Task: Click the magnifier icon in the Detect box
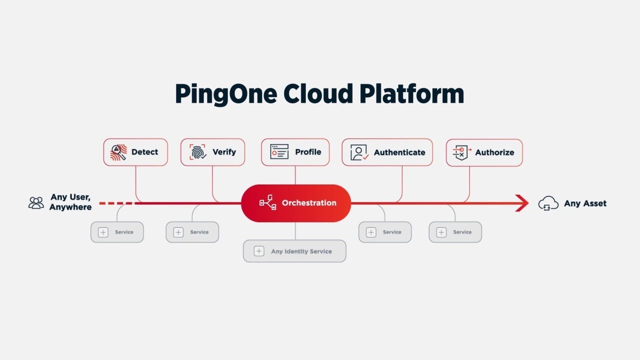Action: coord(118,152)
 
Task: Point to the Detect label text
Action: coord(144,152)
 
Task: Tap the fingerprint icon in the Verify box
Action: coord(197,152)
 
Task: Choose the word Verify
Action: coord(224,152)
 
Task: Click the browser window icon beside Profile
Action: coord(279,152)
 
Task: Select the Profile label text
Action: coord(308,152)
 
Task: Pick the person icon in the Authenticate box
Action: coord(359,152)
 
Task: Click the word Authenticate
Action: coord(399,152)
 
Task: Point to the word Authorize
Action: coord(494,152)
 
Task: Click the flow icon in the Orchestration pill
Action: coord(267,203)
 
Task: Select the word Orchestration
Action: coord(309,203)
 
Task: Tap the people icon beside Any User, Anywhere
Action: coord(36,202)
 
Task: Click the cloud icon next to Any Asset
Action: coord(548,203)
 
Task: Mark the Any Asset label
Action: coord(585,203)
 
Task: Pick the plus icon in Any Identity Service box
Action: coord(258,251)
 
